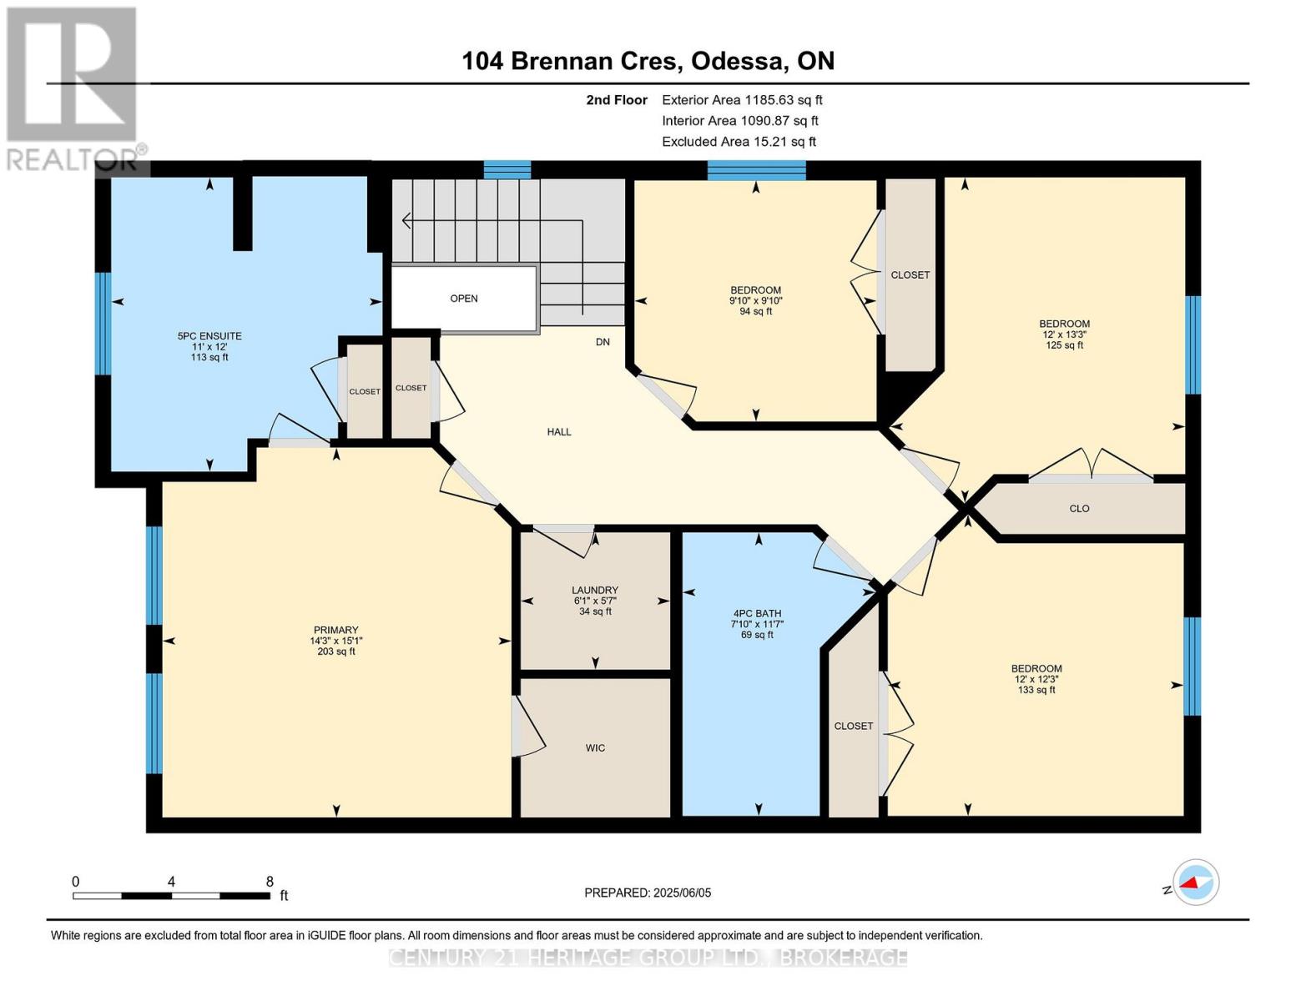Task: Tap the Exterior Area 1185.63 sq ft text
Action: tap(741, 99)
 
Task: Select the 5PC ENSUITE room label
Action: tap(209, 336)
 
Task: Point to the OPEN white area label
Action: tap(464, 299)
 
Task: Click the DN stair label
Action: tap(603, 342)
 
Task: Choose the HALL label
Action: tap(559, 432)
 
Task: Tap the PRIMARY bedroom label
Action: tap(335, 630)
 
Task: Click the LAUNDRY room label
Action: tap(595, 590)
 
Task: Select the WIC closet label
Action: tap(595, 748)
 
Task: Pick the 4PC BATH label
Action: tap(757, 613)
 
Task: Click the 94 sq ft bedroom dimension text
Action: tap(756, 312)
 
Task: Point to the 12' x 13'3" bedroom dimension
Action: tap(1064, 335)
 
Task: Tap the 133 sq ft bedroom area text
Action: tap(1036, 690)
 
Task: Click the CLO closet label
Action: tap(1079, 509)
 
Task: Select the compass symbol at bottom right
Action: tap(1195, 883)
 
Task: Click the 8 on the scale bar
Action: tap(270, 881)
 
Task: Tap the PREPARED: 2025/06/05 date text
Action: tap(648, 893)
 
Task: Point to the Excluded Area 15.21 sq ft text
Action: tap(739, 142)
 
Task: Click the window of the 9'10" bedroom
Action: tap(756, 170)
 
